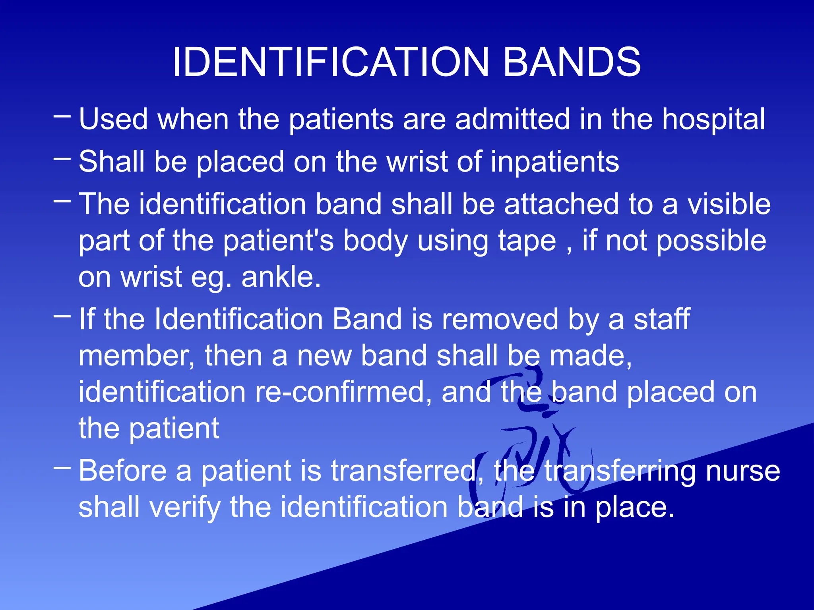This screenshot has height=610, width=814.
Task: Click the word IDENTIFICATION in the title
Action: point(330,62)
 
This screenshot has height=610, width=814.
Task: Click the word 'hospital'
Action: point(713,120)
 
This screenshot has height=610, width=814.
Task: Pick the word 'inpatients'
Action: point(554,162)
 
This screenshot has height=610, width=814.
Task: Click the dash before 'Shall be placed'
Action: point(62,159)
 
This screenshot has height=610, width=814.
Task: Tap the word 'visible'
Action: point(729,204)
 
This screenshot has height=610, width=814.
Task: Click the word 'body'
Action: point(375,241)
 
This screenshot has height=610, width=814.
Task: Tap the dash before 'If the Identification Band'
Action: point(62,317)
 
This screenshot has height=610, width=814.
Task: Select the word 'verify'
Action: point(184,508)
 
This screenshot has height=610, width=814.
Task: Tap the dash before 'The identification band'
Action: point(62,201)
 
